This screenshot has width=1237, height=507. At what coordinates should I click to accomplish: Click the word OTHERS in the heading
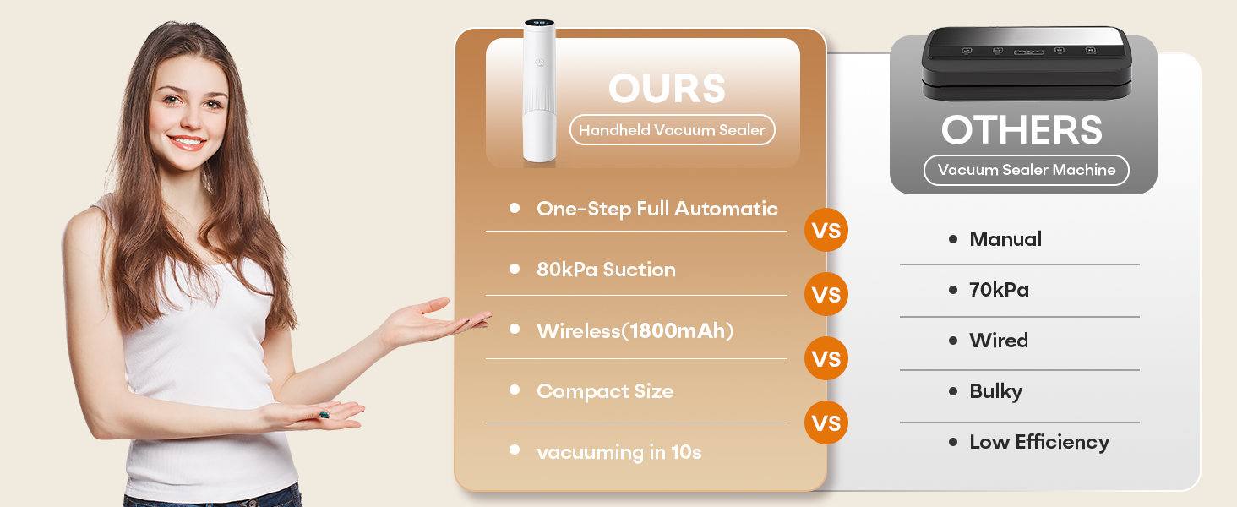(1022, 130)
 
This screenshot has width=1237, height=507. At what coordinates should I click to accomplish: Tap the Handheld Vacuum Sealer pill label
(672, 130)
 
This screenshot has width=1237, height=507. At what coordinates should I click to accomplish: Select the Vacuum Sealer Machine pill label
(1026, 170)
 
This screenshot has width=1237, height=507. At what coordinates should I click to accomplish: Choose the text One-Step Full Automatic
(657, 209)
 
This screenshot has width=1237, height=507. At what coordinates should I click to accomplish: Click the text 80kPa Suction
(606, 270)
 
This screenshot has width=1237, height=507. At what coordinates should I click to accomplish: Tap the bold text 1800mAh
(678, 330)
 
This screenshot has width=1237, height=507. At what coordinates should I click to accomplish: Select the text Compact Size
(605, 391)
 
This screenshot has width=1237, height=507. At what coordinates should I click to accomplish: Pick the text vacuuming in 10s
(618, 452)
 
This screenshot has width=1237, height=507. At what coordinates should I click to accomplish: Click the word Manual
(1005, 239)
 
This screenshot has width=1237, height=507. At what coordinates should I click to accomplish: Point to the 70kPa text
(999, 290)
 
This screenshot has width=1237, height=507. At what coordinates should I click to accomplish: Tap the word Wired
(999, 341)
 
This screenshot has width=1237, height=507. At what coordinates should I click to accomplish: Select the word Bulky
(995, 391)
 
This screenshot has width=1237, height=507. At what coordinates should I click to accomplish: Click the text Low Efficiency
(1039, 442)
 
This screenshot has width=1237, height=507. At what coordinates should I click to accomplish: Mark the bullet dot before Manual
(953, 239)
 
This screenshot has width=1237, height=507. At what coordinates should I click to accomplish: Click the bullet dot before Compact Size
(515, 390)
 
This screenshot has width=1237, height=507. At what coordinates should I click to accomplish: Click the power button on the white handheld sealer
(539, 62)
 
